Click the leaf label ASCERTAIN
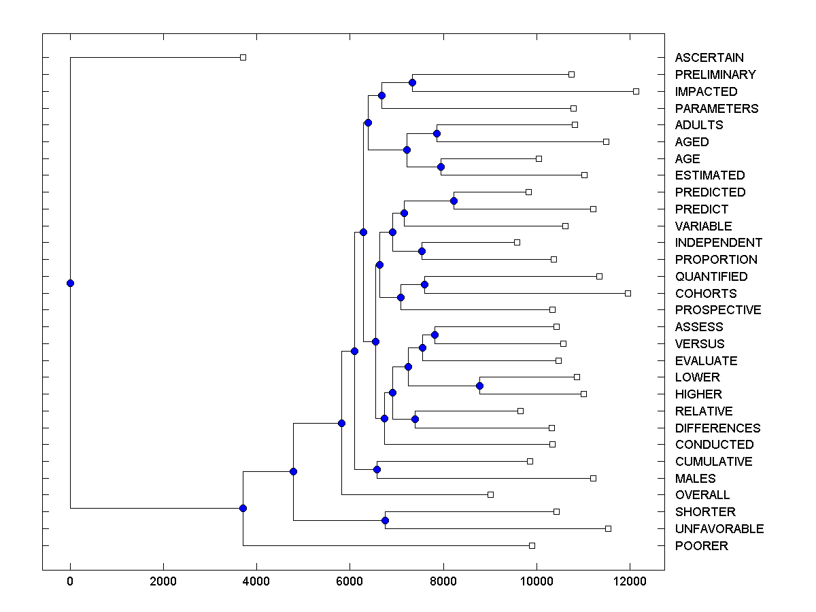709,58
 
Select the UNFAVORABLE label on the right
719,528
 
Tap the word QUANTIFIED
711,276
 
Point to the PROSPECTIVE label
717,310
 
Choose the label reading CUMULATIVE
713,461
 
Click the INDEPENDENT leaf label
718,243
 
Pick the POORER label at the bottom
701,545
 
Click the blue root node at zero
70,283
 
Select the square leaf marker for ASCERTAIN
243,57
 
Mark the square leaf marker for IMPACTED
636,91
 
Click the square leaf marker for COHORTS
628,293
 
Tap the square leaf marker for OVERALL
490,494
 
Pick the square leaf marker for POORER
532,545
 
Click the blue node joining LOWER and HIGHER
479,386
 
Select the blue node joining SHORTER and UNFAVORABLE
385,520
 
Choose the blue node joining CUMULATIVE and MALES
377,469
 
